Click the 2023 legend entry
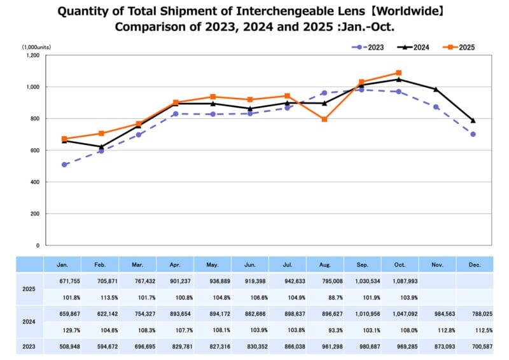[370, 47]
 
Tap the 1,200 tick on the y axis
[32, 55]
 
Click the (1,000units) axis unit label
[36, 47]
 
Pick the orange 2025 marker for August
[324, 120]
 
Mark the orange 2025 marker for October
[398, 73]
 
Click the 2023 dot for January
[64, 165]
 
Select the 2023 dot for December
[473, 134]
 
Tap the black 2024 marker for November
[436, 90]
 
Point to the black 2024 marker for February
[101, 147]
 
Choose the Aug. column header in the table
[324, 264]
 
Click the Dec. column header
[474, 264]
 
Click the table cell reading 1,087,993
[400, 281]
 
